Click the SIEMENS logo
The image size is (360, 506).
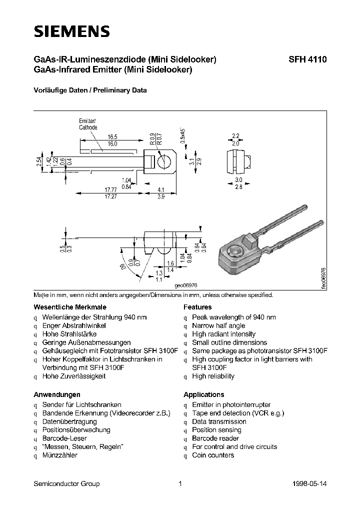click(x=71, y=31)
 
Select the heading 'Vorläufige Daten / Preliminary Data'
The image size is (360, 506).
click(x=90, y=90)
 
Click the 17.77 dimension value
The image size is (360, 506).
click(x=110, y=189)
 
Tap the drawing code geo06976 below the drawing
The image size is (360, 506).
click(x=186, y=284)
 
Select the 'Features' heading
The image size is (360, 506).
click(x=197, y=307)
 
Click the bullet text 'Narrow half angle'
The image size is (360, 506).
click(x=218, y=325)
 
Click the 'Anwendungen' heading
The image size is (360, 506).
click(x=56, y=394)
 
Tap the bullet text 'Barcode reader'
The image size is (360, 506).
click(x=215, y=438)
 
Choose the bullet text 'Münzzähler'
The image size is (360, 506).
click(x=59, y=455)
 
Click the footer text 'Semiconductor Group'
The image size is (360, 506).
click(x=66, y=483)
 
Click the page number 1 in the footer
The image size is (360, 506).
click(x=180, y=483)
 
